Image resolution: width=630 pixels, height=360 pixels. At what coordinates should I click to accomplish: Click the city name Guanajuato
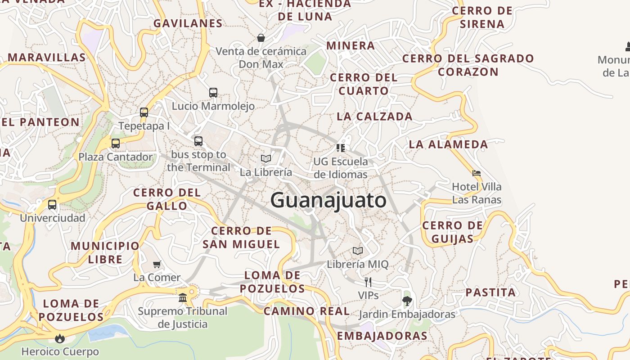point(328,200)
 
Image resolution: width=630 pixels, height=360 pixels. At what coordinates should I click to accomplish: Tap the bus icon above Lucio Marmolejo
point(213,93)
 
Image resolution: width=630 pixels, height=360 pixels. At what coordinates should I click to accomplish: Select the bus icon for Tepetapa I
point(144,112)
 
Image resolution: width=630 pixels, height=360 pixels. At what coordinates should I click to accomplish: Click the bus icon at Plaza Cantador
point(116,144)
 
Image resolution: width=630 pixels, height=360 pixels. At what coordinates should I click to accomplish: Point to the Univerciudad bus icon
point(52,205)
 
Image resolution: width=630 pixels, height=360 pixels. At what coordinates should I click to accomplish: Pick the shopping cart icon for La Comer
point(157,264)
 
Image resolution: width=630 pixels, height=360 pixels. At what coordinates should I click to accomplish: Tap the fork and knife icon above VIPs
point(368,282)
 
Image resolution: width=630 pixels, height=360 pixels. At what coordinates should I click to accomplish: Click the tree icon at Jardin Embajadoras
point(407,301)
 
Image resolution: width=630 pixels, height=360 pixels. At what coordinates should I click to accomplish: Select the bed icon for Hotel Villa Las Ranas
point(477,173)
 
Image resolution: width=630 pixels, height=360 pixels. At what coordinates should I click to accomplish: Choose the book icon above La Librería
point(266,158)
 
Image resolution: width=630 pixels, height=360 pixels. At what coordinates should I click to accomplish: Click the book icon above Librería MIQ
point(358,251)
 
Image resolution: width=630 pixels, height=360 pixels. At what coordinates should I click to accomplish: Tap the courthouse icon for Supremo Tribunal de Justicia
point(183,297)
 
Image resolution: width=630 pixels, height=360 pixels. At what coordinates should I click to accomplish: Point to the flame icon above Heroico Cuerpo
point(60,338)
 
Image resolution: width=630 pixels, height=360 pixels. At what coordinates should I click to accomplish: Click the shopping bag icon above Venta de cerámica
point(261,38)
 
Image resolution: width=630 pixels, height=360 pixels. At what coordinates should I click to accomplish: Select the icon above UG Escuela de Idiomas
point(341,148)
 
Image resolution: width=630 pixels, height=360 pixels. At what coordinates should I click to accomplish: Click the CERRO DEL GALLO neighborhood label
point(166,199)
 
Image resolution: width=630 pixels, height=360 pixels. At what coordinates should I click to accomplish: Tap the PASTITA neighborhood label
point(490,292)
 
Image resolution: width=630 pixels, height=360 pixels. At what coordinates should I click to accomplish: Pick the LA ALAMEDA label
point(448,144)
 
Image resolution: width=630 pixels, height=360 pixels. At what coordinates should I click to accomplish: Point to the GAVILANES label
point(188,23)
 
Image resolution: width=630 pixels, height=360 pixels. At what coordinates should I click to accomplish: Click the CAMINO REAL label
point(306,311)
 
